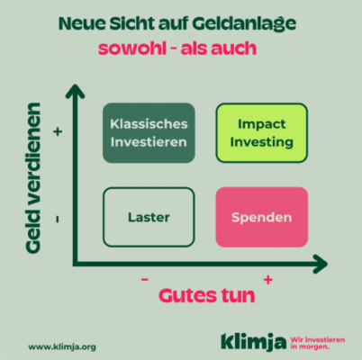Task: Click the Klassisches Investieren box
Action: point(149,133)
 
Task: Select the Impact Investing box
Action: point(262,133)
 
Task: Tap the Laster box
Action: point(149,217)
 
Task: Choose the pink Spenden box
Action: point(262,217)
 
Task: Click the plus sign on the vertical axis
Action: point(58,131)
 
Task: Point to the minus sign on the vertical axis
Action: point(58,220)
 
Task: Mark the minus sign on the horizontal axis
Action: point(145,280)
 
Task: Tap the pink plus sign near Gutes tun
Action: point(268,280)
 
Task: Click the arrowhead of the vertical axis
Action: point(75,91)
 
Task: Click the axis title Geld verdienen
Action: point(33,178)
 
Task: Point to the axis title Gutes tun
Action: point(207,296)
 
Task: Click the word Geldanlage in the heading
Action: point(244,23)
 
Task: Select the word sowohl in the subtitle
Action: point(132,48)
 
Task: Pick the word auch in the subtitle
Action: point(234,48)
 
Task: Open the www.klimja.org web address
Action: point(62,347)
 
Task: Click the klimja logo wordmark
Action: point(253,342)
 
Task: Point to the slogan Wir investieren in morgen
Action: point(318,343)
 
